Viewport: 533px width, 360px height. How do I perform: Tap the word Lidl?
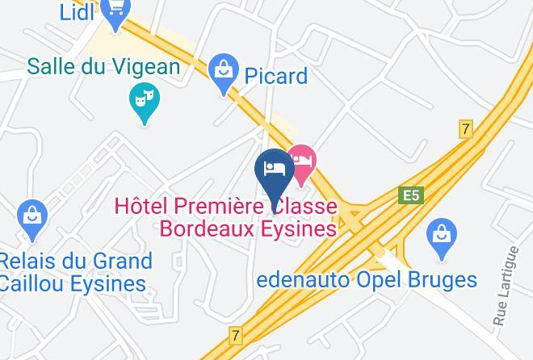78,12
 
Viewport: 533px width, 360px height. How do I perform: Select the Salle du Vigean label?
103,66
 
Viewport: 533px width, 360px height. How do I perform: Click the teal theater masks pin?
145,102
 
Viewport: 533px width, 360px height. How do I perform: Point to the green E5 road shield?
412,195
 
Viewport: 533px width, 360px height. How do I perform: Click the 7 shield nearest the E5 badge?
465,128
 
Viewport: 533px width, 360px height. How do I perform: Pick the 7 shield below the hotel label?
235,333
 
